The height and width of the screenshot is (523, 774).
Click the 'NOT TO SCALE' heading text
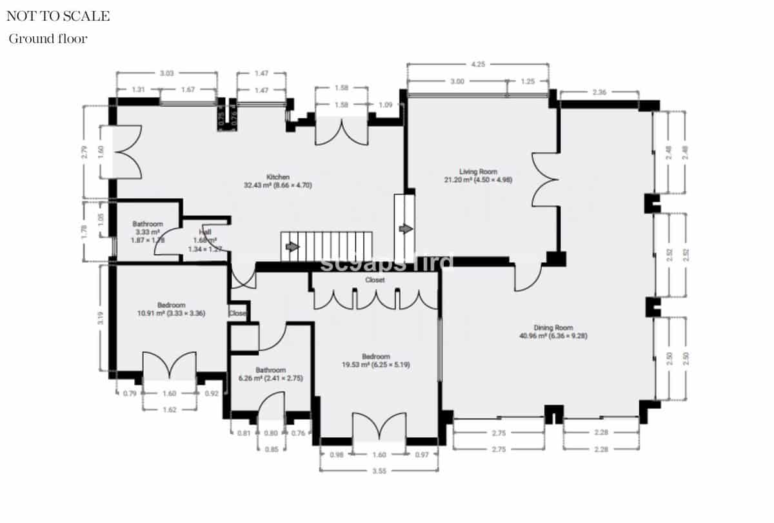58,16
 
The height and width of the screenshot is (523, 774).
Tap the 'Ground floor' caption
48,39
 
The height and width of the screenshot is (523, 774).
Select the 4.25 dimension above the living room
478,65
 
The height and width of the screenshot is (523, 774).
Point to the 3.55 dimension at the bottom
379,471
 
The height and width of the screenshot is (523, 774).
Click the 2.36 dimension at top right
599,92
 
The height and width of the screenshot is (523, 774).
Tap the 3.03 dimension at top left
166,74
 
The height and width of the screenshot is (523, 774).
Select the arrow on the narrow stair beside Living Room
406,229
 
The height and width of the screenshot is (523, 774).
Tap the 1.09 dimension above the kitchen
386,105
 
